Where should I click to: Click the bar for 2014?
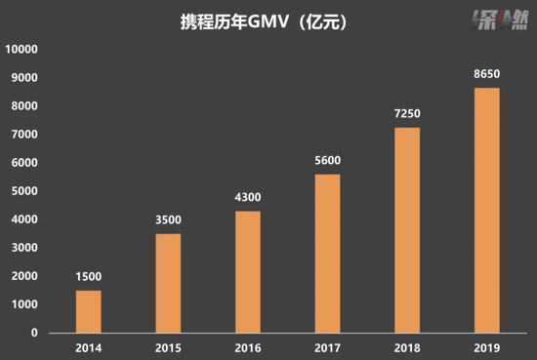tap(89, 311)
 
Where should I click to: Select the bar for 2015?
tap(169, 283)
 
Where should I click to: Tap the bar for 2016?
tap(249, 271)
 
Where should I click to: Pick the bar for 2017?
tap(328, 253)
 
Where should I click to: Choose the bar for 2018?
tap(408, 229)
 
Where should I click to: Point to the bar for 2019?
tap(487, 210)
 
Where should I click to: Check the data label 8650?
tap(487, 75)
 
